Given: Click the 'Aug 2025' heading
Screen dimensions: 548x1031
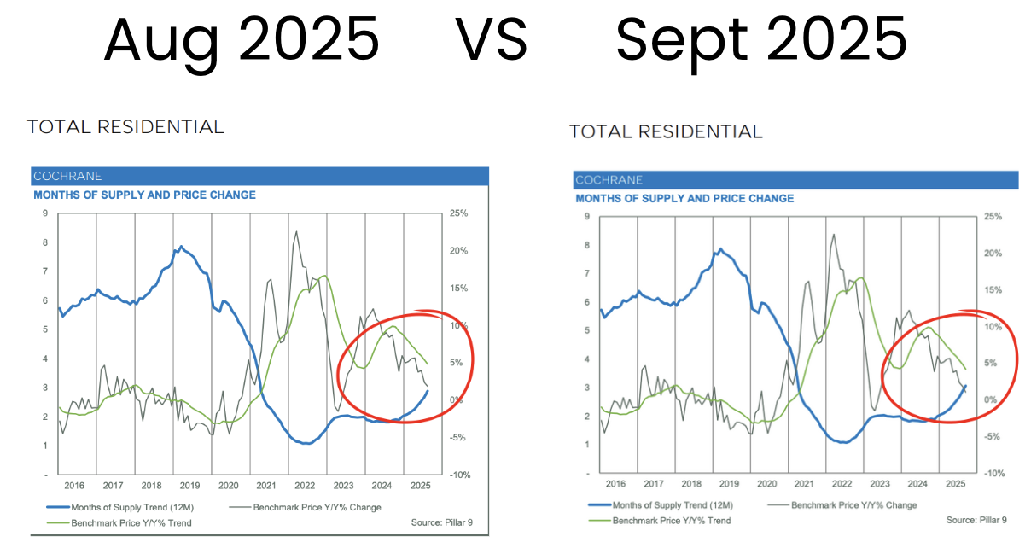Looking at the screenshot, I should click(x=242, y=38).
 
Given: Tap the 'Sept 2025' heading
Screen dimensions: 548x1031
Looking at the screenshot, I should click(x=761, y=38).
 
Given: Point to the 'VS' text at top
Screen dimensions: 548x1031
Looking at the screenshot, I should click(x=491, y=38).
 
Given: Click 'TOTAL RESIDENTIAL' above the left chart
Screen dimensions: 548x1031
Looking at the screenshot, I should click(x=125, y=127).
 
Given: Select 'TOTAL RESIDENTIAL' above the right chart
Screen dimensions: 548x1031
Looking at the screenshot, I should click(x=666, y=131).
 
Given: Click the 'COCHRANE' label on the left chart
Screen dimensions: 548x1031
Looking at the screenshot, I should click(x=67, y=176).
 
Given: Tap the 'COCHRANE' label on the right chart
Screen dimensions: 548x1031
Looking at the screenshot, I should click(x=609, y=180).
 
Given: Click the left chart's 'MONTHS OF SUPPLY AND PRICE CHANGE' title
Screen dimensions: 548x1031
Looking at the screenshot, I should click(x=144, y=195).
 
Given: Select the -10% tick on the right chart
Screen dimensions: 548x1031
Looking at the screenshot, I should click(x=993, y=473).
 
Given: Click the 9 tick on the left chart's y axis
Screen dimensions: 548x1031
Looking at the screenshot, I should click(x=44, y=213).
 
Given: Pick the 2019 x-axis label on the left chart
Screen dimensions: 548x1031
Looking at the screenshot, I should click(x=189, y=486).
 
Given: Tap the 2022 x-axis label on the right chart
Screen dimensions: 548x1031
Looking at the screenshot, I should click(x=842, y=484).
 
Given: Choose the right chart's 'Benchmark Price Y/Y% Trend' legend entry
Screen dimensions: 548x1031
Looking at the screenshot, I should click(x=671, y=520).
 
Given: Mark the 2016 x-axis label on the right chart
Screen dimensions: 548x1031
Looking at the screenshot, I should click(x=616, y=484).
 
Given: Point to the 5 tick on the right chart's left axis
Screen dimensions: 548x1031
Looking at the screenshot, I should click(x=586, y=330).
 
